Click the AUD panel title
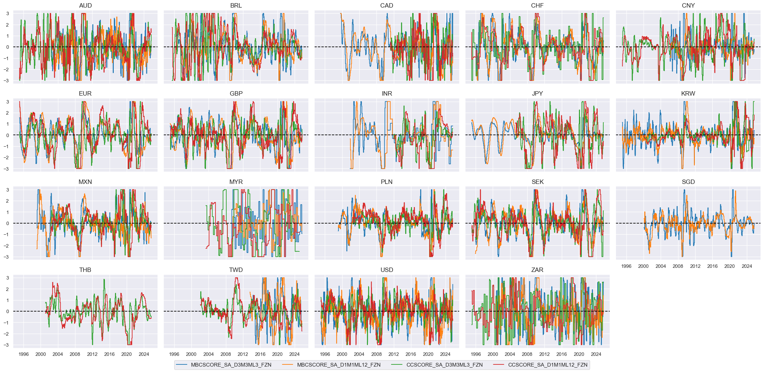point(85,5)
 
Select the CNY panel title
point(688,5)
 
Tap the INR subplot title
point(387,93)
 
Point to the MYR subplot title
point(236,182)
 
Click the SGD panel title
point(688,182)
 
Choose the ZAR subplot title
point(537,270)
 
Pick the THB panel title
point(85,270)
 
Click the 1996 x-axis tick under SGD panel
point(626,266)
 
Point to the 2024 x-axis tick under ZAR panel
point(596,354)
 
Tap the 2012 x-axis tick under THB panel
point(92,354)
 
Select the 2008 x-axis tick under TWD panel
point(226,354)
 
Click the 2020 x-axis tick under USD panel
point(428,354)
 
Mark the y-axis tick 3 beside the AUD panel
point(8,14)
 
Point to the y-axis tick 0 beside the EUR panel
point(8,135)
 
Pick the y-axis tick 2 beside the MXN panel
point(8,201)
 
